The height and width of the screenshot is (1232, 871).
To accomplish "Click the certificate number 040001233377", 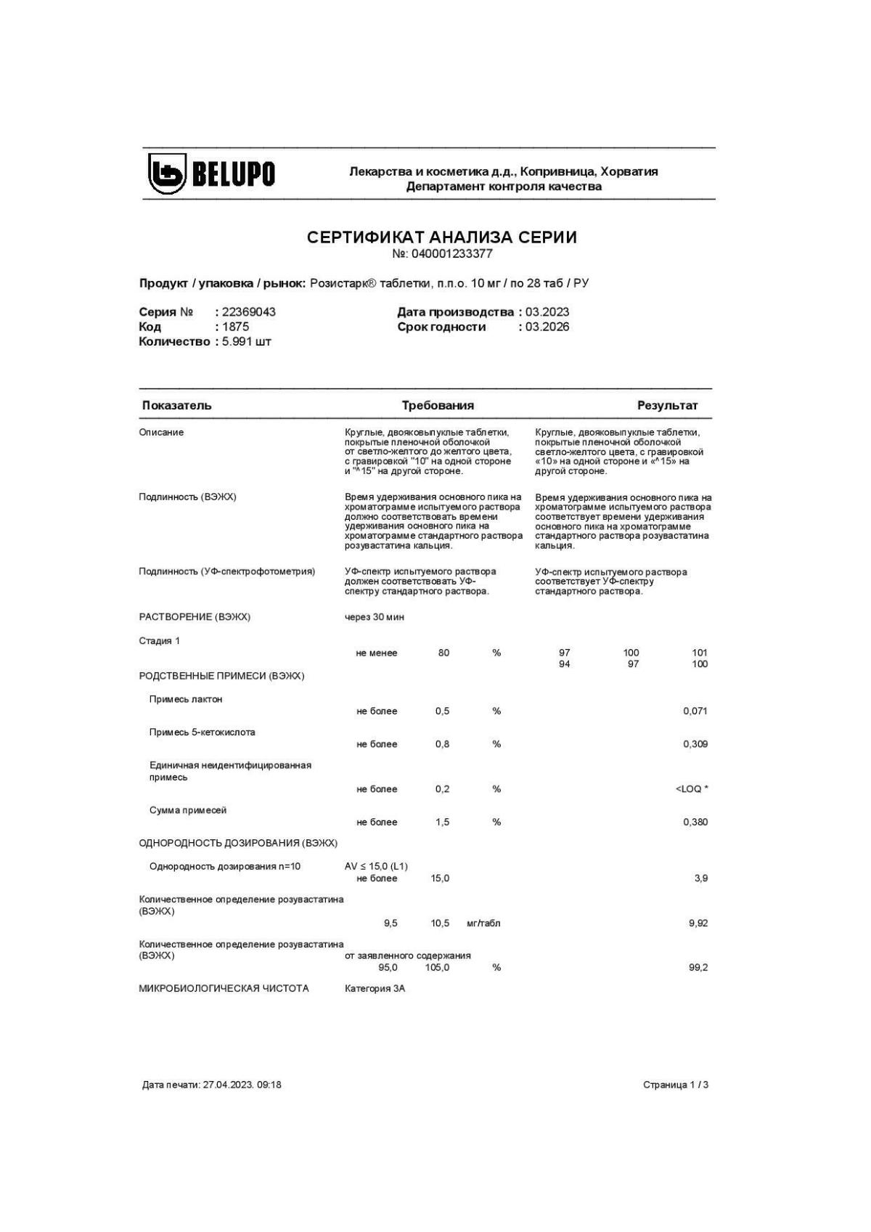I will tap(451, 254).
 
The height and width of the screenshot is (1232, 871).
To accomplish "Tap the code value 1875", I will tap(235, 327).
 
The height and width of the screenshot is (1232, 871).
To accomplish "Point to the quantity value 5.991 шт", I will tap(246, 342).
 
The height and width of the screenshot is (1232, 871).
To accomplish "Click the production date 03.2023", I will tap(547, 312).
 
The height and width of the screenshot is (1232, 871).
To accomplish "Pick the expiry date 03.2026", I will tap(547, 327).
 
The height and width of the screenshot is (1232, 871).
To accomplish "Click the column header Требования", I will tap(438, 405).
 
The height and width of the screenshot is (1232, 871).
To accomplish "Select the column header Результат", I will tap(667, 405).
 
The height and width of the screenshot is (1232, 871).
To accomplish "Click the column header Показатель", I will tap(177, 405).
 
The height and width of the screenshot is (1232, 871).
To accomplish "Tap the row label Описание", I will tap(161, 433).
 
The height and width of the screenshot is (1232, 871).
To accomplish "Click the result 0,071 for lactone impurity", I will tap(695, 711).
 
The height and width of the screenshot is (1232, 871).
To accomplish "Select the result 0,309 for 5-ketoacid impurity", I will tap(695, 744).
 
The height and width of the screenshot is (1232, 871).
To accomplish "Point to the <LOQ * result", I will tap(691, 789).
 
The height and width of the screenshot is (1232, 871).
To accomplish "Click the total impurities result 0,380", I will tap(695, 823).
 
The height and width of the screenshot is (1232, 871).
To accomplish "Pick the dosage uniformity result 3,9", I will tap(700, 878).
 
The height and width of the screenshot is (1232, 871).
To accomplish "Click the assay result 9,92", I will tap(698, 923).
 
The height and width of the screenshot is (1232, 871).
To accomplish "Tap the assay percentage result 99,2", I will tap(698, 968).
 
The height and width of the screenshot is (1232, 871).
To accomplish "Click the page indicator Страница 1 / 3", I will tap(675, 1085).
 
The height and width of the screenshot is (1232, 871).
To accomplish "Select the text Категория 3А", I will tap(375, 989).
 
